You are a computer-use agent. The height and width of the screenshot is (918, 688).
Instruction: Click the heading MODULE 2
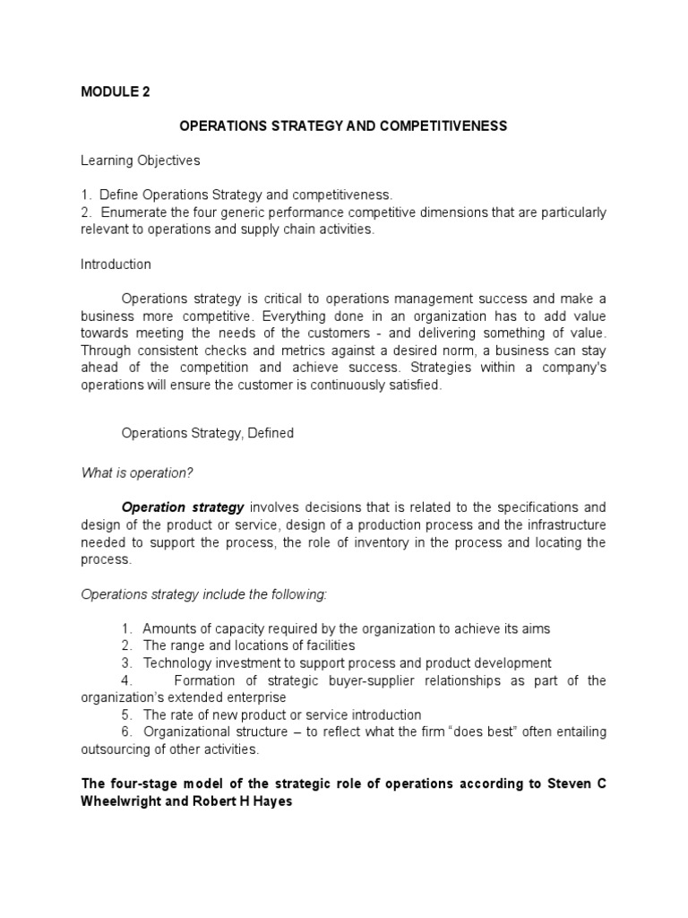tap(116, 91)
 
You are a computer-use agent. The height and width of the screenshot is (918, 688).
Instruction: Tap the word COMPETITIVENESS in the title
tap(444, 126)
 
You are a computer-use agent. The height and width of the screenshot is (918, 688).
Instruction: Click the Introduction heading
tap(116, 264)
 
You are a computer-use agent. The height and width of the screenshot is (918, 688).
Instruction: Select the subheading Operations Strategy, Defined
tap(207, 433)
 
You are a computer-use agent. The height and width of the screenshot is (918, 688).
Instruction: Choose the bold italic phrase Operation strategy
tap(183, 507)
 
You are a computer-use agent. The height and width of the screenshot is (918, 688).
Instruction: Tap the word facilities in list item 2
tap(324, 645)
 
